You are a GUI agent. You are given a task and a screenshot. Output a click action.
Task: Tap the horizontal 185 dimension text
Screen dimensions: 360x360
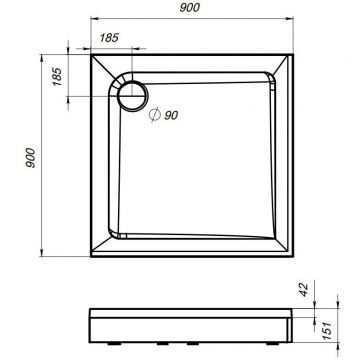(x=110, y=39)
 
